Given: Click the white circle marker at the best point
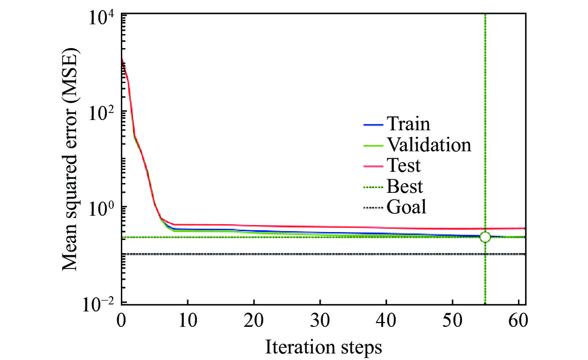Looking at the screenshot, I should coord(485,237).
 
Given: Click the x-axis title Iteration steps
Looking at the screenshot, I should coord(324,347).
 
